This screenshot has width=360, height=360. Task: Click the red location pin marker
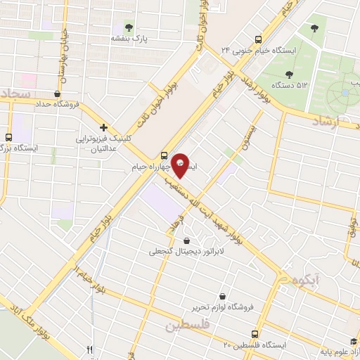click(x=181, y=165)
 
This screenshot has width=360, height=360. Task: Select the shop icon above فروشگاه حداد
click(x=56, y=91)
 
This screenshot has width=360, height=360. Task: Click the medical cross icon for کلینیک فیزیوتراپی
click(x=103, y=127)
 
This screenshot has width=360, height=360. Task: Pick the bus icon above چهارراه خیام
click(x=164, y=155)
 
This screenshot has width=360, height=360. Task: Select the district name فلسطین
click(x=189, y=326)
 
